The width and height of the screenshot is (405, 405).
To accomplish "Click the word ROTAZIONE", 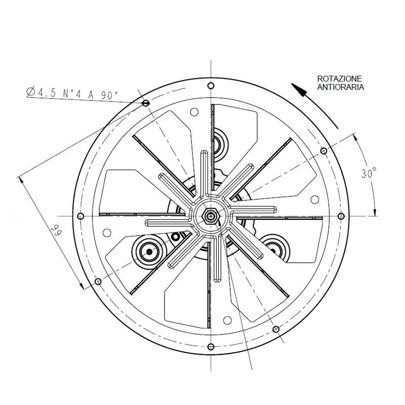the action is coord(339,78).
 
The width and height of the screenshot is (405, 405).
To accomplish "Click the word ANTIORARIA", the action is coord(340,87).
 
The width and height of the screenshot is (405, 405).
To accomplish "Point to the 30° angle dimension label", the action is coord(369,173).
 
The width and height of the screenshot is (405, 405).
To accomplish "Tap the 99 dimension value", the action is coord(56,230).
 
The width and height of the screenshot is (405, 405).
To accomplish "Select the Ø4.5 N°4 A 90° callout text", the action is coord(72,94).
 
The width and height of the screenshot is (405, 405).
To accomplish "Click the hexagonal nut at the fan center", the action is coord(211,216).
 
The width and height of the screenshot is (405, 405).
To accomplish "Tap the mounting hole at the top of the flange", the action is coord(211,86).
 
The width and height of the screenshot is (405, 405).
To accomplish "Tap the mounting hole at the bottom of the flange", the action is coord(211,347).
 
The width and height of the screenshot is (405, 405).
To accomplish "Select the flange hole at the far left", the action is coord(80,216).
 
